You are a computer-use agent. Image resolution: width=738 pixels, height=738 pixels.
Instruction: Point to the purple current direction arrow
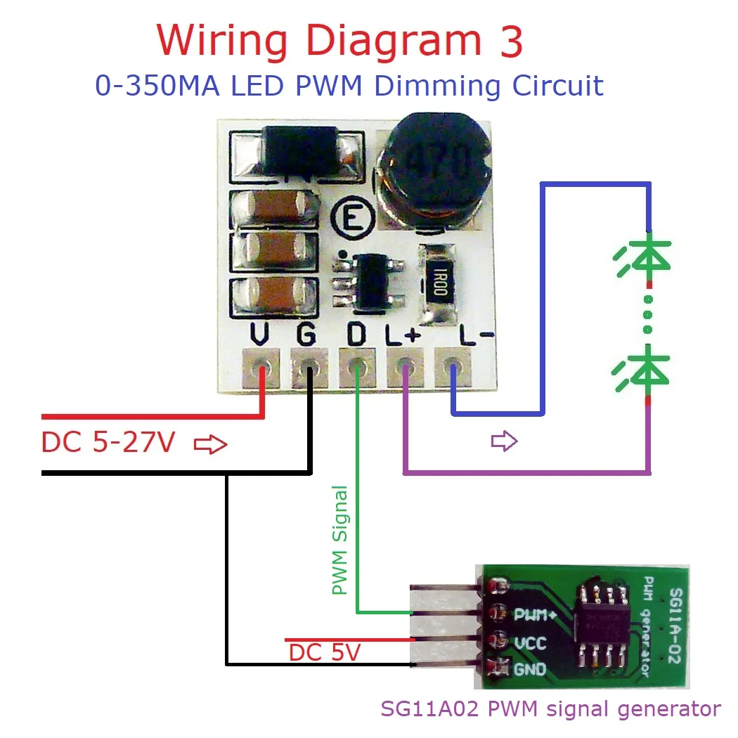[504, 441]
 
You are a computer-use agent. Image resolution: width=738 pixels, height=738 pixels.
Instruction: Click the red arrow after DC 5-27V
[210, 444]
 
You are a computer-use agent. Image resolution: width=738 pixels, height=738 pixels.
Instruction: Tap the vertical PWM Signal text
[340, 540]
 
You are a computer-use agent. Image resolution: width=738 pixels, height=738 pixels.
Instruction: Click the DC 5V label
[324, 653]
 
